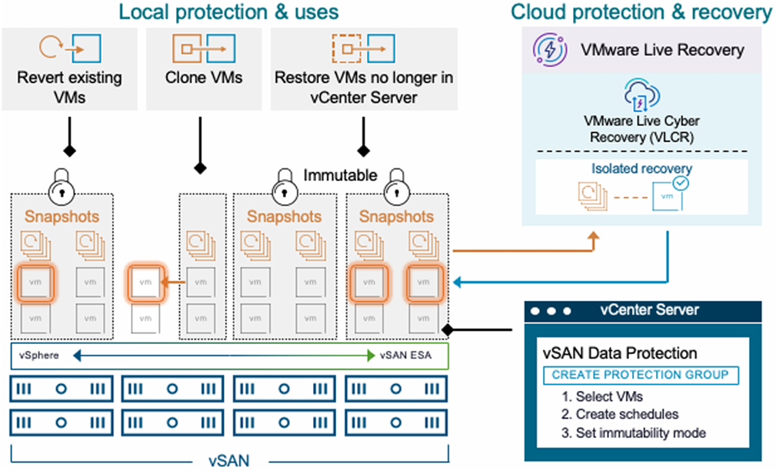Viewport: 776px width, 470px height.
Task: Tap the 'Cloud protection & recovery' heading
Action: pyautogui.click(x=641, y=12)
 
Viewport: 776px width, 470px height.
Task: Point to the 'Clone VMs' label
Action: pyautogui.click(x=204, y=78)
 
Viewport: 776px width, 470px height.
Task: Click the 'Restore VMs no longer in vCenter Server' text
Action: pyautogui.click(x=364, y=87)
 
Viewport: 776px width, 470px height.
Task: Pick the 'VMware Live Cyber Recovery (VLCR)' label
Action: pyautogui.click(x=641, y=129)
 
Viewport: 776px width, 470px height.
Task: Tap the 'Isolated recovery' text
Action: pyautogui.click(x=641, y=168)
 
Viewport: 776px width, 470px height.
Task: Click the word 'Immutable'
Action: pyautogui.click(x=341, y=176)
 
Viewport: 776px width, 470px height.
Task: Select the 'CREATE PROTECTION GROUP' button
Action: pyautogui.click(x=641, y=376)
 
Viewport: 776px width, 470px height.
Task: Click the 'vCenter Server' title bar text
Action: pyautogui.click(x=649, y=310)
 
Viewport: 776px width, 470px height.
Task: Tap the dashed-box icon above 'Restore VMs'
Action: pyautogui.click(x=345, y=48)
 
